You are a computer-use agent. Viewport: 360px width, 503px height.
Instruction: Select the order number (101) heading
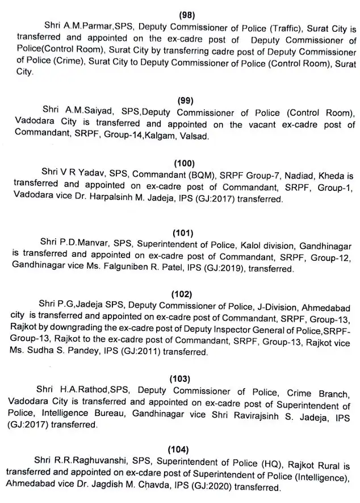click(x=182, y=233)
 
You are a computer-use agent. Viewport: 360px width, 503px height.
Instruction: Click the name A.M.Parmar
click(x=82, y=26)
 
